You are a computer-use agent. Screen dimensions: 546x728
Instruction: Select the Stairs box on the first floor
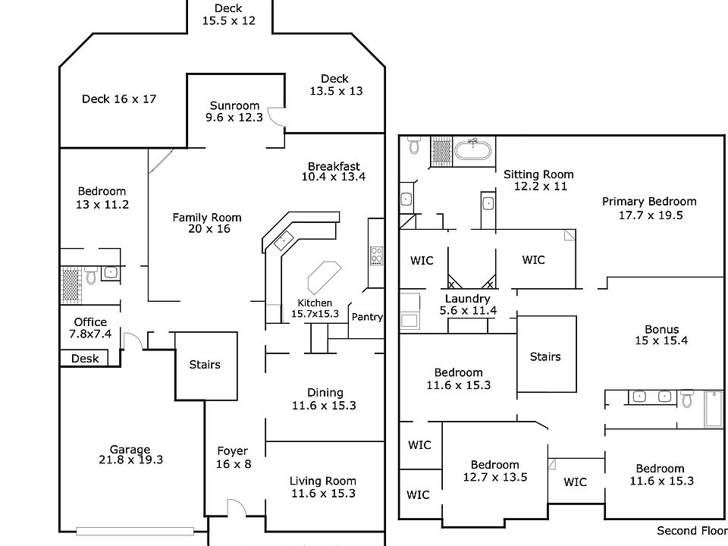click(x=205, y=365)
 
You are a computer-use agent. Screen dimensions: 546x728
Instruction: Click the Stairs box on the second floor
click(x=545, y=356)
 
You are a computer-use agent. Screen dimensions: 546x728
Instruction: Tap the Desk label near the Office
click(x=85, y=359)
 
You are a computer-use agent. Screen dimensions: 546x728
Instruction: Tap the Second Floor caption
click(x=690, y=531)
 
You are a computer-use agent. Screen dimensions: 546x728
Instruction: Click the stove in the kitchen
click(x=375, y=255)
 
